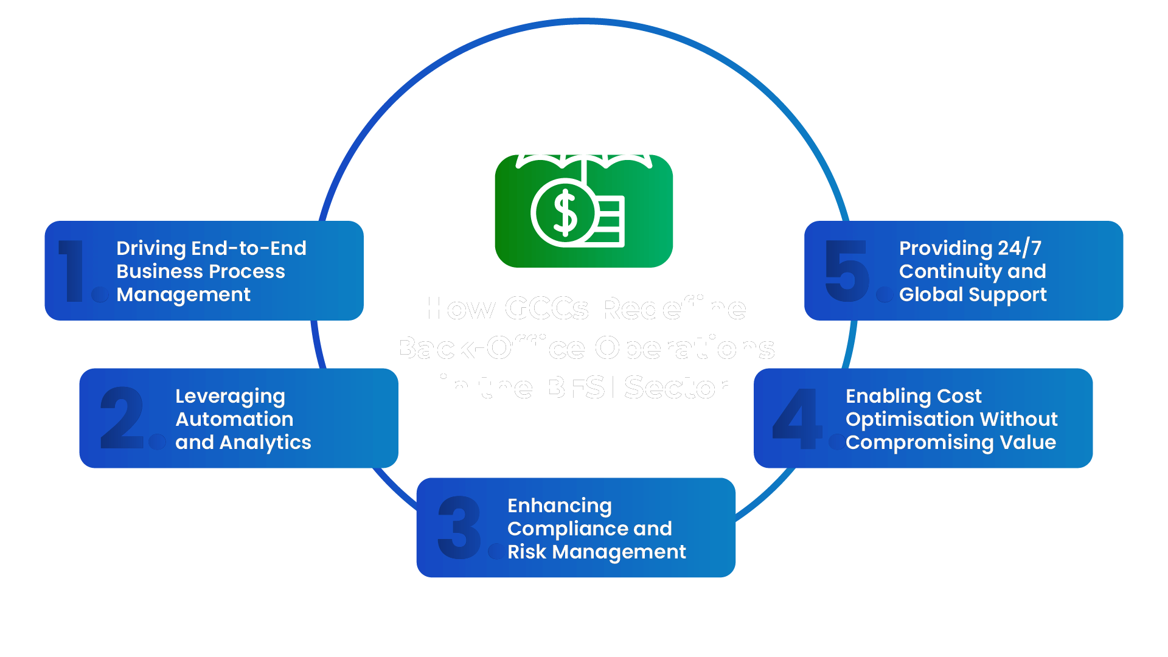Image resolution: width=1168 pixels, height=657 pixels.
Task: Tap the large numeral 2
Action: point(122,419)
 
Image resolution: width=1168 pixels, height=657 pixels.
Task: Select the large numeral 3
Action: point(459,527)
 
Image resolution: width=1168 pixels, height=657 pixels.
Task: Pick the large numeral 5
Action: point(847,271)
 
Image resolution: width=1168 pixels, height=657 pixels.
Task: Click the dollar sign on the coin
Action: point(565,213)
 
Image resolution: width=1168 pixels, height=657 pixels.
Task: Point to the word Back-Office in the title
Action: point(490,348)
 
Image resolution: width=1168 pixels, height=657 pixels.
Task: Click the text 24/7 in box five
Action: point(1020,248)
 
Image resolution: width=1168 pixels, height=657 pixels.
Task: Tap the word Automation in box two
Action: point(234,419)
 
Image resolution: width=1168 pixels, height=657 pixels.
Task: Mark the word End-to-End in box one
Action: point(249,248)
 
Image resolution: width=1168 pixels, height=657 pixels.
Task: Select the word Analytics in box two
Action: point(265,443)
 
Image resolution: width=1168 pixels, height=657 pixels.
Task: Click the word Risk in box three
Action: point(526,552)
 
